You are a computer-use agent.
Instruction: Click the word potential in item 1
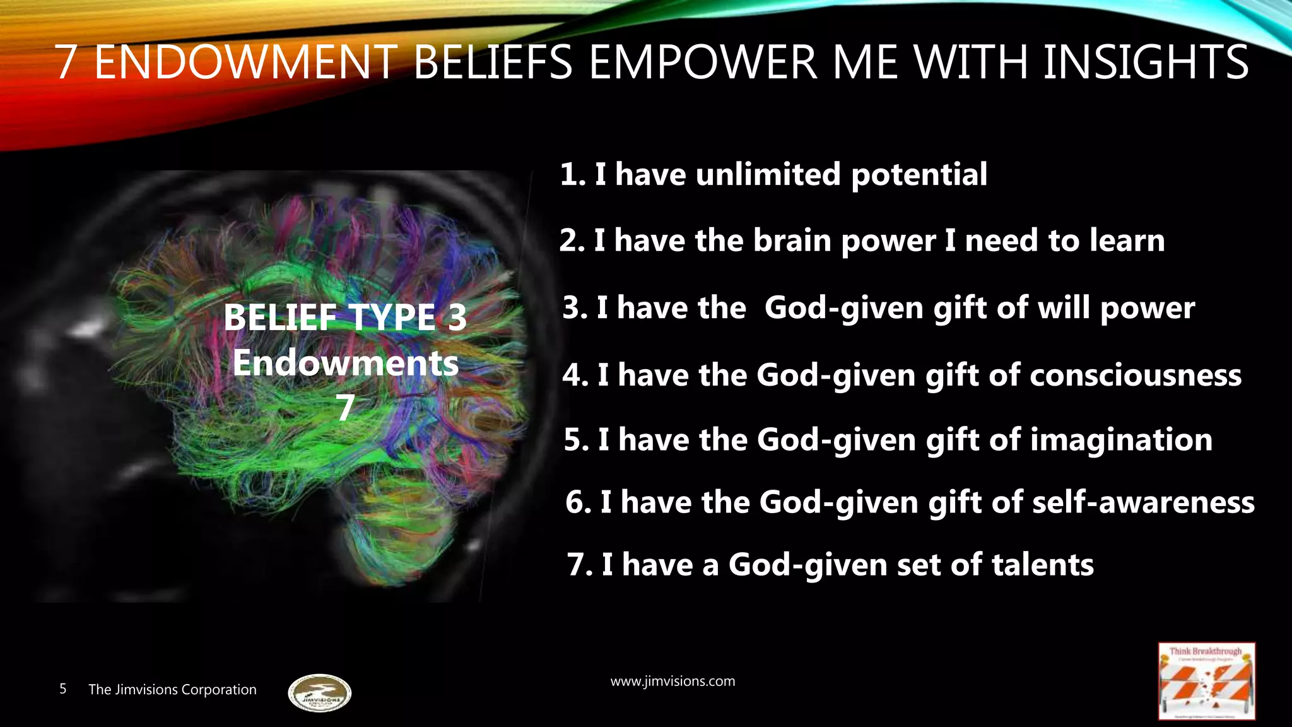pos(919,175)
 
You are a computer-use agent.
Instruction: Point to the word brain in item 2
pos(792,240)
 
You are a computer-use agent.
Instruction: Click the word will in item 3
pos(1064,308)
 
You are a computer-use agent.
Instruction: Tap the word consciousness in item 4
pos(1136,375)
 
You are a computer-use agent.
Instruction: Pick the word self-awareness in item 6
pos(1143,502)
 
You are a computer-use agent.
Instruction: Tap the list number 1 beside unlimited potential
pos(570,175)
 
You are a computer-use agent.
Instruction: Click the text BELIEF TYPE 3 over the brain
pos(345,317)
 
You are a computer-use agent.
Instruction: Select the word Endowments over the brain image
pos(345,363)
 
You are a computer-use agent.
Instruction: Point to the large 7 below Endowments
pos(345,408)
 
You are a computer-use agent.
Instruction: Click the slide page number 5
pos(63,689)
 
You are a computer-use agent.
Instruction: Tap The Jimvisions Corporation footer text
pos(172,689)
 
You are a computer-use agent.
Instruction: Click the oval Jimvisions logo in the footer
pos(319,693)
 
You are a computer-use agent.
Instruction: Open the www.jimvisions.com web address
pos(672,682)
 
